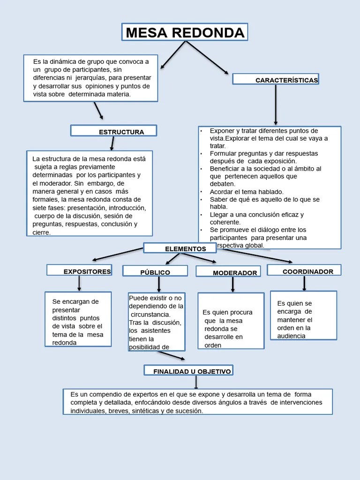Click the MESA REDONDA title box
tap(185, 32)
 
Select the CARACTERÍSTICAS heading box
tap(276, 79)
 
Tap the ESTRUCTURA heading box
tap(113, 131)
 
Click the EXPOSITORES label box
tap(79, 270)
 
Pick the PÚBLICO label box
tap(155, 271)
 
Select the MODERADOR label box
tap(228, 272)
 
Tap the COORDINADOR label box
tap(304, 270)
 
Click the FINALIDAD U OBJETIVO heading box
tap(188, 371)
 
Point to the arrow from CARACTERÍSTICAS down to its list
tap(276, 105)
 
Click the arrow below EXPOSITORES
tap(79, 283)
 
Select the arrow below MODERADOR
tap(232, 285)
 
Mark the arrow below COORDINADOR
tap(304, 283)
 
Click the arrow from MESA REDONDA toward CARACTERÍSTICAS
tap(208, 58)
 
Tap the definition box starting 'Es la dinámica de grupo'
tap(91, 78)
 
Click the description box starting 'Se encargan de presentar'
tap(78, 319)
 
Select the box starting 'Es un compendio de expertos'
tap(198, 402)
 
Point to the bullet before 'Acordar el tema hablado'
tap(201, 192)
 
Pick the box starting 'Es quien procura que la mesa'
tap(231, 321)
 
